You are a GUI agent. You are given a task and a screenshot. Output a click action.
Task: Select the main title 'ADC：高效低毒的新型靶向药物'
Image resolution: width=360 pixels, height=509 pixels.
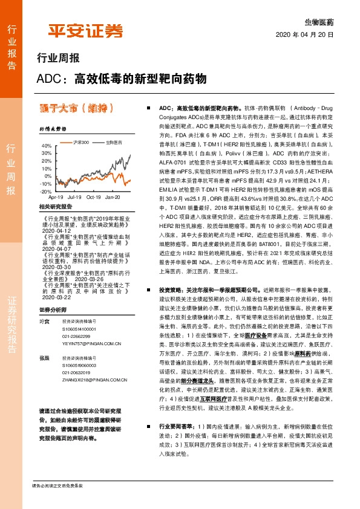coord(122,79)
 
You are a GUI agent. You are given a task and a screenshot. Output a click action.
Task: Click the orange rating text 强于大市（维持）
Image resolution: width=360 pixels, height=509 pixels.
coord(76,109)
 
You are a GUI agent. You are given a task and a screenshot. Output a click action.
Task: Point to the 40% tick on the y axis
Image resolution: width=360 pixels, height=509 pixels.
coord(46,146)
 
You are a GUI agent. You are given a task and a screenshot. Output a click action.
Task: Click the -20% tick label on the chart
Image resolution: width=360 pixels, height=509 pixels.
coord(46,191)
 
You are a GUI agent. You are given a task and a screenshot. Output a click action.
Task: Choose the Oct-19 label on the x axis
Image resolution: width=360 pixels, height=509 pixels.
coord(94,196)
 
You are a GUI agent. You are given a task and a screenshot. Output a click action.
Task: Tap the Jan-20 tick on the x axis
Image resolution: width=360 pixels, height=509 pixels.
coord(113,196)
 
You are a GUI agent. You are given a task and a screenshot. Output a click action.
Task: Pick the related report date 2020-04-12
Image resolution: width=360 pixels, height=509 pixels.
coord(54,230)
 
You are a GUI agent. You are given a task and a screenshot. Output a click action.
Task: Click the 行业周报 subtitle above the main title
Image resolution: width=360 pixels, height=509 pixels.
coord(58,59)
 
